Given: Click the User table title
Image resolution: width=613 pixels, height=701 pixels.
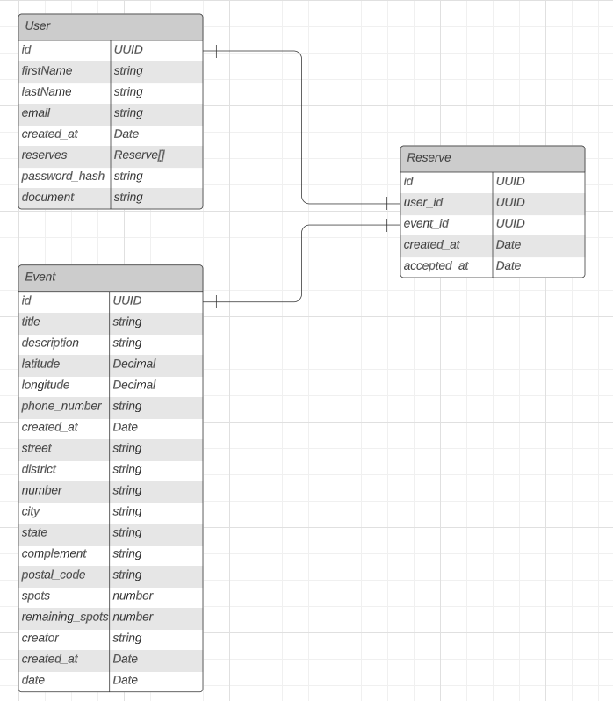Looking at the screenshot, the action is (38, 26).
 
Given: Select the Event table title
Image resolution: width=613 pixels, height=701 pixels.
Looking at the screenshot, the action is (40, 277).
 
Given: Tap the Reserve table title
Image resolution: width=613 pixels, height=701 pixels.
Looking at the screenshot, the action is (429, 158).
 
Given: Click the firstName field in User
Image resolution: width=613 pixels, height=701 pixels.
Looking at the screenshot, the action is (47, 70).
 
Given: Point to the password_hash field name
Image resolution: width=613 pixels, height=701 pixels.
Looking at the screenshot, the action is (63, 176).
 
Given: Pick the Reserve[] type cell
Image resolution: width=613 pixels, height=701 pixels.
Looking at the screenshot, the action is (139, 155).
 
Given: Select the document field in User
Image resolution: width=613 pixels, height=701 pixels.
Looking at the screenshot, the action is (47, 197).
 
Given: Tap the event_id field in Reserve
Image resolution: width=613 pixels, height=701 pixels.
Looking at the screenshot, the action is (426, 223).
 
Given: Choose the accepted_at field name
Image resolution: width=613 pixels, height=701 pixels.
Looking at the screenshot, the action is (436, 265).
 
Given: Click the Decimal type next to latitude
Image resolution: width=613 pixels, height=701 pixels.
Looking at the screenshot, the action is (134, 364).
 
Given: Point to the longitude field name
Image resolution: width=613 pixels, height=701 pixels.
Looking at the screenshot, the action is (46, 385).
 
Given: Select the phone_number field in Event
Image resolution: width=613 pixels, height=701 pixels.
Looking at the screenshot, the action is (61, 406).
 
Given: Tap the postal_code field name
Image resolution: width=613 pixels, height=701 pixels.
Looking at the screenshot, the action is (54, 575).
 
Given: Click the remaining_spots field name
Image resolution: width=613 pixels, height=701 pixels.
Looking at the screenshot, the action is (65, 617).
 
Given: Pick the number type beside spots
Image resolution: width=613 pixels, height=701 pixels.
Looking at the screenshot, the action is (133, 596).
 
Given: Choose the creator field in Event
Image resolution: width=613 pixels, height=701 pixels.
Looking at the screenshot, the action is (40, 638).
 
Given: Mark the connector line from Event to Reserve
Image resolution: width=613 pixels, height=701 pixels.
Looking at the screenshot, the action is (302, 264).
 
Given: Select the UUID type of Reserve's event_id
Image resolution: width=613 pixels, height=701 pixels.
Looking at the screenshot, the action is (510, 223).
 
